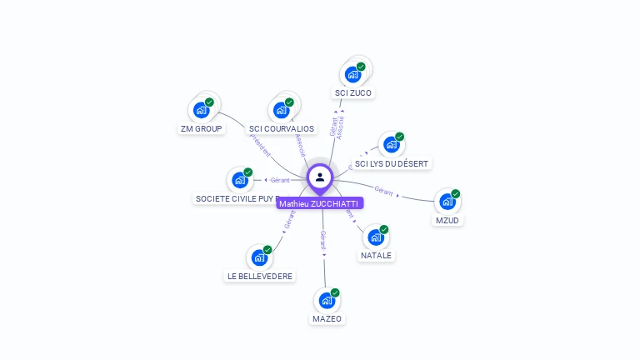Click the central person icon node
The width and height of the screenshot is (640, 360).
320,177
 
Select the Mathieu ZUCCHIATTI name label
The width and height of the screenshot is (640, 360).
320,203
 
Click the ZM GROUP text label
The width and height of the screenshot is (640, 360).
201,129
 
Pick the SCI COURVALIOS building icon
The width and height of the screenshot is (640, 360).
282,109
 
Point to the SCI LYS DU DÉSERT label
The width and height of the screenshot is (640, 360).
392,164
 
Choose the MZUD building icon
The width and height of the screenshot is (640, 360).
447,201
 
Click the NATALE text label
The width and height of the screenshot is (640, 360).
376,256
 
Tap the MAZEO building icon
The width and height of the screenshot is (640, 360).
327,299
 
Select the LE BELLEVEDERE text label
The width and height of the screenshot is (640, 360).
260,276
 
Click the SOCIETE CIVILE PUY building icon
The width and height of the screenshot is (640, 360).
240,179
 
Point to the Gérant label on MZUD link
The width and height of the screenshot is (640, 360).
384,191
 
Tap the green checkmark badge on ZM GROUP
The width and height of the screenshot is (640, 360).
209,102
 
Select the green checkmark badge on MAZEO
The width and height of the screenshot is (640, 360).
335,292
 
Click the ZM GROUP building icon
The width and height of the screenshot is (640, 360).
201,109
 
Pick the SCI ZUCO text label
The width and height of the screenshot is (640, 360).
352,93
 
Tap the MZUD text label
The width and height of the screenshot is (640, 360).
447,221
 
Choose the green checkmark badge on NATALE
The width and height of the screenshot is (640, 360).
384,229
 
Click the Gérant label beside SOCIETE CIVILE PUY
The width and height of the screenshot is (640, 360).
279,180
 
